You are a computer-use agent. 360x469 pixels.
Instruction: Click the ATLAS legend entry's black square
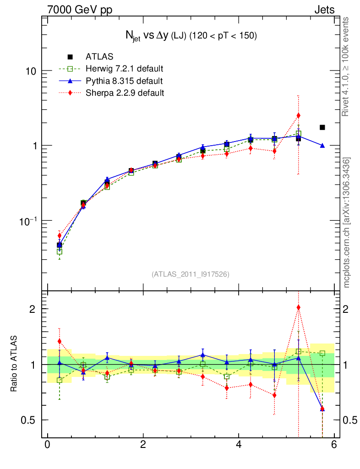[70, 57]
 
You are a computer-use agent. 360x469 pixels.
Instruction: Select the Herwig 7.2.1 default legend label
[125, 69]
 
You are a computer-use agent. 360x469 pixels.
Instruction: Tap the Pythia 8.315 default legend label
[124, 81]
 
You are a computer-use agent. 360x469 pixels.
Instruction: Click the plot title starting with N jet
[191, 36]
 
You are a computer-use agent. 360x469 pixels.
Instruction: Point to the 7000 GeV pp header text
[80, 10]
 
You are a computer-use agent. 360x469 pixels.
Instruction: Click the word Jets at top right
[324, 10]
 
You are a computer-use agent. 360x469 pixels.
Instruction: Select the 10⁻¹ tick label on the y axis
[29, 220]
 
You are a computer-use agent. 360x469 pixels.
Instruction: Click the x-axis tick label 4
[239, 444]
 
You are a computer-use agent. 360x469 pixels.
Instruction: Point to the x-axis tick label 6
[334, 444]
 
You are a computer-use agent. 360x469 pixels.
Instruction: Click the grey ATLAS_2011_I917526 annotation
[191, 274]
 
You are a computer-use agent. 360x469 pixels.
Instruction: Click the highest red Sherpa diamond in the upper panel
[298, 115]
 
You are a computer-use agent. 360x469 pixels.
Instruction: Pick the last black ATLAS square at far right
[322, 127]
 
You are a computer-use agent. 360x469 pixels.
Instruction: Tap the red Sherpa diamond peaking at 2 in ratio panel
[298, 308]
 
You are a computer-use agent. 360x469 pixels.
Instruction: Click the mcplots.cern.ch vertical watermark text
[347, 222]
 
